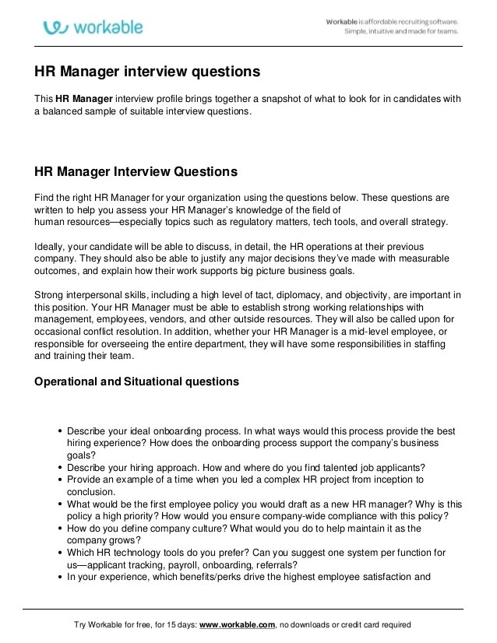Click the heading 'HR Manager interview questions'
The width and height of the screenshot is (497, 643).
point(146,72)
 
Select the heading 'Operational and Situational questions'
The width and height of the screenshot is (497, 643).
point(137,382)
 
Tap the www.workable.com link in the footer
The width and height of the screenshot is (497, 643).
point(236,624)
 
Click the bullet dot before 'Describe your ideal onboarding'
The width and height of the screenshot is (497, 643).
point(60,431)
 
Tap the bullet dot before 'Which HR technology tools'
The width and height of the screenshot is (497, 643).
point(60,553)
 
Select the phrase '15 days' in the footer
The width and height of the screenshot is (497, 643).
point(183,624)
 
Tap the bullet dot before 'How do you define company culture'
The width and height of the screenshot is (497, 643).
point(60,529)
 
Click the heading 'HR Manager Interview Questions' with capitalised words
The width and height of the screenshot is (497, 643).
point(136,171)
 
